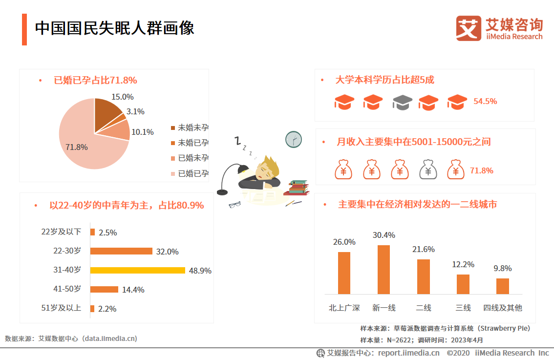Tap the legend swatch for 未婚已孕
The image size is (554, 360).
(x=172, y=143)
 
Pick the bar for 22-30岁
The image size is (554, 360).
(x=122, y=251)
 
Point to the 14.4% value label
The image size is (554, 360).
(x=133, y=290)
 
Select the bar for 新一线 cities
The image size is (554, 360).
(x=384, y=270)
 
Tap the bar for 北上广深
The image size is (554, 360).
(x=344, y=273)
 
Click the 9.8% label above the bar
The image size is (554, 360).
(x=502, y=268)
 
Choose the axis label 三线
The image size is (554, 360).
(x=463, y=308)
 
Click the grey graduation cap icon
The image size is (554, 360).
(x=402, y=102)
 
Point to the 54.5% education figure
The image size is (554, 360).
(x=485, y=102)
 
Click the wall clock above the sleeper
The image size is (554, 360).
(x=293, y=140)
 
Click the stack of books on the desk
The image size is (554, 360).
(x=298, y=188)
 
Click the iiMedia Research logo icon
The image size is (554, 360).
(x=468, y=28)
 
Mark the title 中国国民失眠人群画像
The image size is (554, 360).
(x=114, y=28)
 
